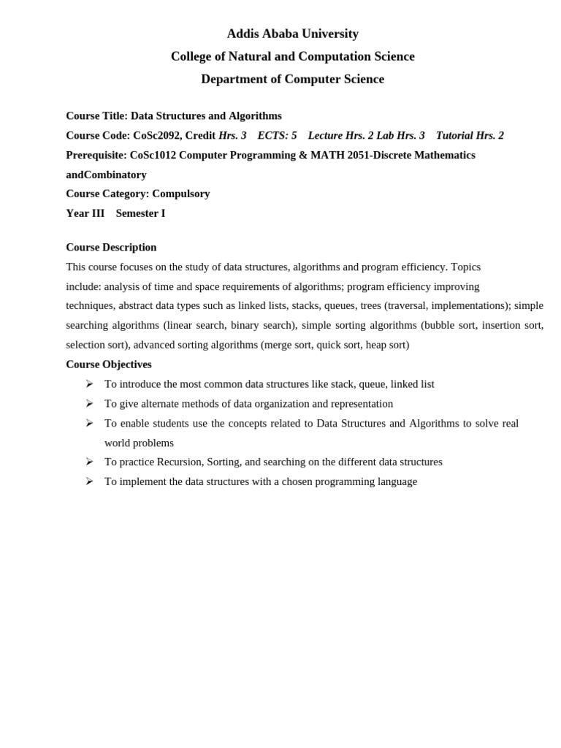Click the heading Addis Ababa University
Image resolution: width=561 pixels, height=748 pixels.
pyautogui.click(x=292, y=34)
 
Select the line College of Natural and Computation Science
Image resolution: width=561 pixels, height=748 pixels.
pyautogui.click(x=292, y=56)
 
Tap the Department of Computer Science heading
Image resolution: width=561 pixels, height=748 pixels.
pyautogui.click(x=292, y=79)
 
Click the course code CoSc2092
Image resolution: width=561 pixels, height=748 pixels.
pyautogui.click(x=157, y=135)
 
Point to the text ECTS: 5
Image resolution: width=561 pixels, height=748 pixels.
pyautogui.click(x=277, y=135)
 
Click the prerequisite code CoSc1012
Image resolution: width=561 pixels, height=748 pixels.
pyautogui.click(x=153, y=155)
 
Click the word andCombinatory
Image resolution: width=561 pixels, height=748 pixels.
pyautogui.click(x=106, y=175)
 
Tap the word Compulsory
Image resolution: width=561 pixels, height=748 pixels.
pyautogui.click(x=180, y=194)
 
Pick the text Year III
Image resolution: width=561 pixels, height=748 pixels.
pyautogui.click(x=85, y=213)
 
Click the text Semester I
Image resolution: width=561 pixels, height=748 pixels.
pyautogui.click(x=140, y=213)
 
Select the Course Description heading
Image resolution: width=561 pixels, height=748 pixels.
pyautogui.click(x=111, y=247)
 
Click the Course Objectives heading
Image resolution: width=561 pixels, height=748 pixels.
pyautogui.click(x=109, y=364)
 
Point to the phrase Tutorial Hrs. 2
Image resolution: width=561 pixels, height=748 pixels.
pyautogui.click(x=470, y=135)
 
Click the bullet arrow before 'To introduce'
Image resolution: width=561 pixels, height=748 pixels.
pyautogui.click(x=89, y=383)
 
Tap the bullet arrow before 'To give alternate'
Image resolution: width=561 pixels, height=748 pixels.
pyautogui.click(x=89, y=403)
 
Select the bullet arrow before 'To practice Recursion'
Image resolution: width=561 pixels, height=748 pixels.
pyautogui.click(x=89, y=462)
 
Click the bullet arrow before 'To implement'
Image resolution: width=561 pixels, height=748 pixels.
pyautogui.click(x=89, y=481)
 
